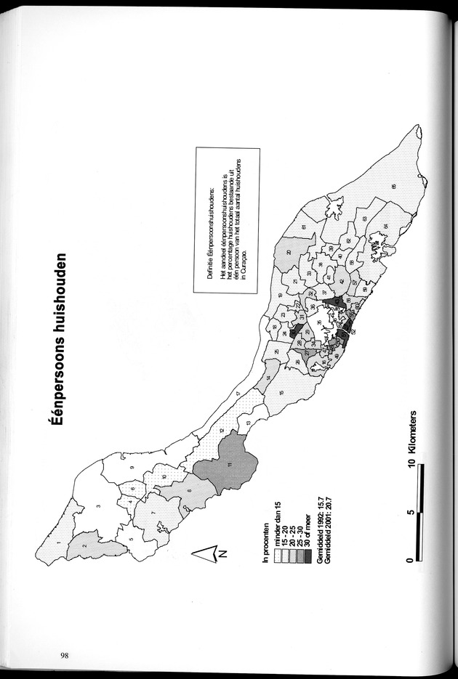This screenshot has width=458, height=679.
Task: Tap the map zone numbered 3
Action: [98, 505]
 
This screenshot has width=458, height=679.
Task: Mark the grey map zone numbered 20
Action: [289, 252]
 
